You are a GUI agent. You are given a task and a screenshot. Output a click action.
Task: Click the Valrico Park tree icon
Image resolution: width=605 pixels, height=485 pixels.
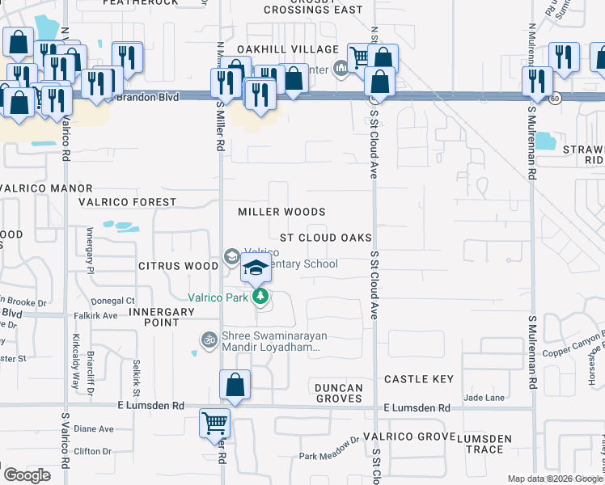point(260,297)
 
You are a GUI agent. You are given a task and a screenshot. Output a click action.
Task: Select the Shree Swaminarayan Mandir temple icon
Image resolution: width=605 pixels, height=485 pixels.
point(209,339)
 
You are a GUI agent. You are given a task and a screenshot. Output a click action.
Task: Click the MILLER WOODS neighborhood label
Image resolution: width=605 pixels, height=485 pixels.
point(281,212)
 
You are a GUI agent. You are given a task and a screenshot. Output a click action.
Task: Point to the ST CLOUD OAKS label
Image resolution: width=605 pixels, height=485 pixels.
point(326,238)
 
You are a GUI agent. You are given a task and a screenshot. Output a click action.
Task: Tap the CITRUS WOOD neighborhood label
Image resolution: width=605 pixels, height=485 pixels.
point(177,265)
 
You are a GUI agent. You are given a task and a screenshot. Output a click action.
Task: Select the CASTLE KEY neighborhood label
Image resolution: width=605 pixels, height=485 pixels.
point(418,379)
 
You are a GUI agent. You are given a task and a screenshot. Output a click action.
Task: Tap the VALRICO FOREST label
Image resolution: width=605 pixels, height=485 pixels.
point(127,202)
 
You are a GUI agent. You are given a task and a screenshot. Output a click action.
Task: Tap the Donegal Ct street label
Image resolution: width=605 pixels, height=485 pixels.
point(118,300)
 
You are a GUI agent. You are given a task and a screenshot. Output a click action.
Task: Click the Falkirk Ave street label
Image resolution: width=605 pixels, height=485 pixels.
point(96,316)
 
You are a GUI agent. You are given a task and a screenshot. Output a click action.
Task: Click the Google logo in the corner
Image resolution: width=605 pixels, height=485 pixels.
point(26,475)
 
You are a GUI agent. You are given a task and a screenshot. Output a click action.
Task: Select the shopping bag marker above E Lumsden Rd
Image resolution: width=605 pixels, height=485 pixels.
point(235,386)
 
